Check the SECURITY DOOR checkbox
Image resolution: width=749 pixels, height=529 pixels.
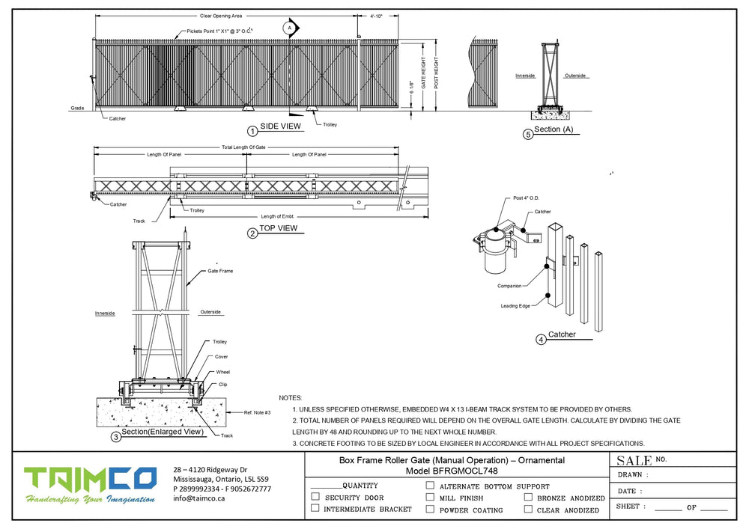[315, 497]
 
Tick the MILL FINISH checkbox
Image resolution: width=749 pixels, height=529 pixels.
[430, 497]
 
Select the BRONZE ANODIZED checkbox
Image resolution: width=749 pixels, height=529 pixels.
[528, 497]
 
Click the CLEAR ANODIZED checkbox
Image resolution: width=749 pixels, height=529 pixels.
[528, 510]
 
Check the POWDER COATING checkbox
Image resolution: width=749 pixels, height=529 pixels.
[430, 510]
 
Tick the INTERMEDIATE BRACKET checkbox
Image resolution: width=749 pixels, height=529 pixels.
[315, 509]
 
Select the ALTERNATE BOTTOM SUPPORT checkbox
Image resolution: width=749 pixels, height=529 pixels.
[430, 485]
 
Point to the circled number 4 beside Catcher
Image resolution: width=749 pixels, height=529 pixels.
[541, 340]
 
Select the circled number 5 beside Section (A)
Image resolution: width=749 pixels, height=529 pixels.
[527, 135]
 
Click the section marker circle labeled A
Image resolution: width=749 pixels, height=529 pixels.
[289, 28]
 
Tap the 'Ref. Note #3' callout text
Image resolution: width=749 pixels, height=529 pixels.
[257, 412]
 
